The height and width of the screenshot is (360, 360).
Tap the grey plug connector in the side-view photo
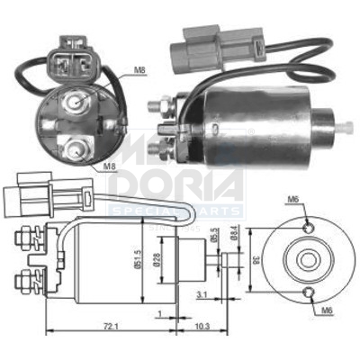point(218,40)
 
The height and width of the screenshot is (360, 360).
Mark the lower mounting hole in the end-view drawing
point(309,292)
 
